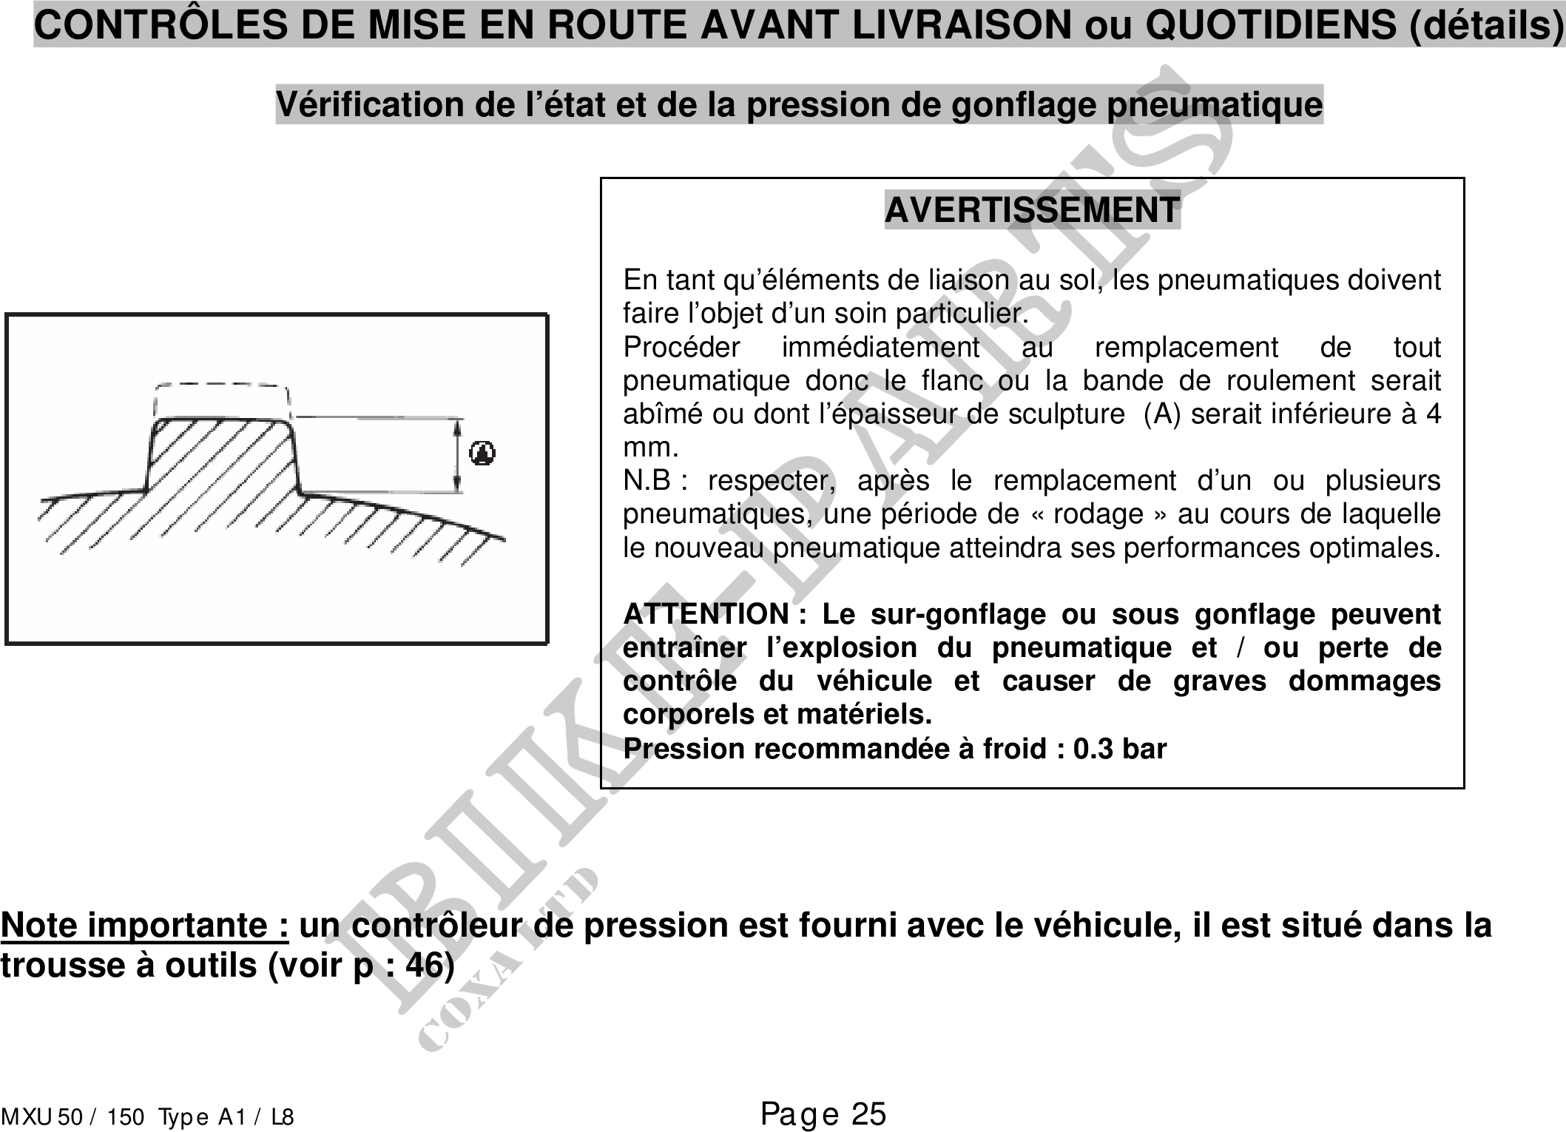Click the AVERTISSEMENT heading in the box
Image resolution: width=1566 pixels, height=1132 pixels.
tap(1032, 210)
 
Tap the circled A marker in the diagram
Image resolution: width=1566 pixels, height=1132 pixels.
tap(482, 452)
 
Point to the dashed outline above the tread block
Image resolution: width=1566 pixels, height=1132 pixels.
tap(222, 398)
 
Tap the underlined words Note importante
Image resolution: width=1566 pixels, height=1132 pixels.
tap(144, 926)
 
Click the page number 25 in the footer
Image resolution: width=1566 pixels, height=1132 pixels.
tap(868, 1114)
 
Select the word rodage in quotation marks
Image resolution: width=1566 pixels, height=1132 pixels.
tap(1098, 514)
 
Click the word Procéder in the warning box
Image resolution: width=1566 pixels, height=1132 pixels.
tap(681, 347)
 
